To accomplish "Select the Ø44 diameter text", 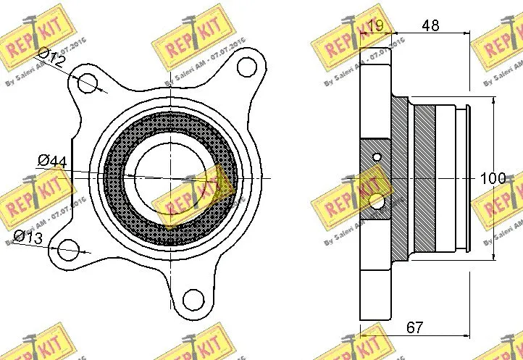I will [x=51, y=162].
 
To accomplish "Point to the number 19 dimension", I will [x=375, y=26].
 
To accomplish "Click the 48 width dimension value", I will [x=430, y=26].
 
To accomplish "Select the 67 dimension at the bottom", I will [x=414, y=327].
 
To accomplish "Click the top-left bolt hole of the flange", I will [x=88, y=81].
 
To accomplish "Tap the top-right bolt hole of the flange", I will [x=246, y=67].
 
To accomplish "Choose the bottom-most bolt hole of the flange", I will [x=193, y=298].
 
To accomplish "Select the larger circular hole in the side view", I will [x=376, y=201].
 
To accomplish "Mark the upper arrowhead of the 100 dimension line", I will [x=493, y=101].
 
